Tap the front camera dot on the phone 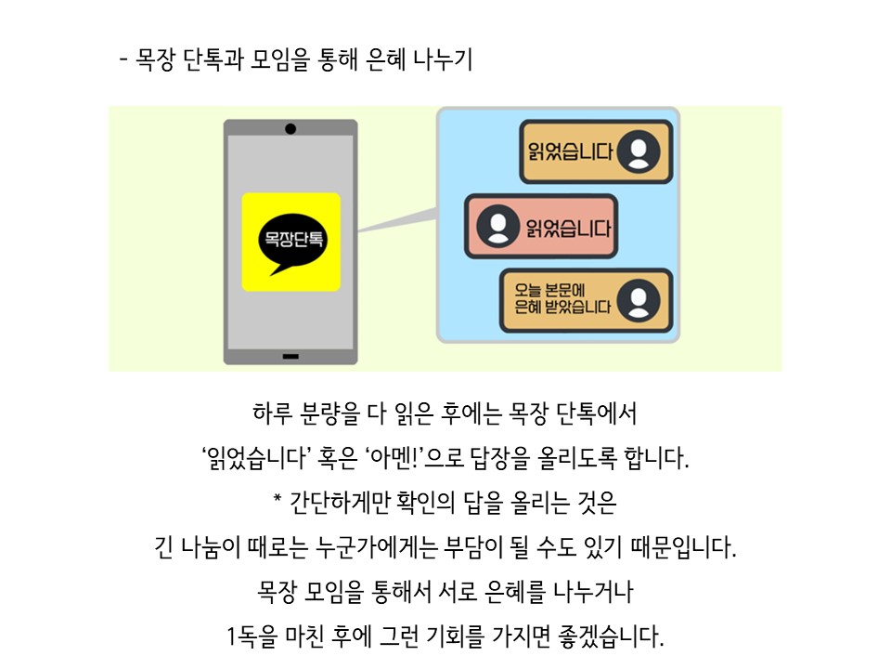click(291, 129)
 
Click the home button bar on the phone click(291, 357)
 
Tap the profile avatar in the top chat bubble click(639, 151)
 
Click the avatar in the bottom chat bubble click(639, 301)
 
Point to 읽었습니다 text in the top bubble click(571, 151)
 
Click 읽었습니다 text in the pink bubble click(568, 229)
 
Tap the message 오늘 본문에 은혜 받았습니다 click(562, 298)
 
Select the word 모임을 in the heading click(280, 59)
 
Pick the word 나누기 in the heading click(444, 59)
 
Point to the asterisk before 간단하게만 click(278, 499)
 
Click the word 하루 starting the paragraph click(272, 413)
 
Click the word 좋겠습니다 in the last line click(611, 636)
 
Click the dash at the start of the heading click(123, 59)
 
